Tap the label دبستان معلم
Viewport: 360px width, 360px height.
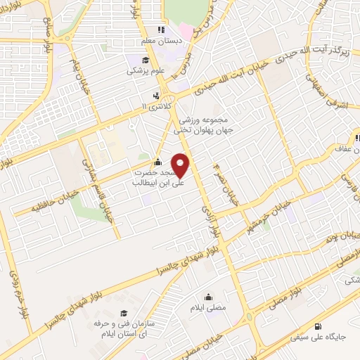162,41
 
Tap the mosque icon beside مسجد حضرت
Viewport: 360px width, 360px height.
157,161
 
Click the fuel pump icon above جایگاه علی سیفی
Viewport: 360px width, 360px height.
319,326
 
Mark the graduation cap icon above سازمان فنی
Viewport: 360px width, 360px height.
124,312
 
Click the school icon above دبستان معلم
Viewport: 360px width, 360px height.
162,30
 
